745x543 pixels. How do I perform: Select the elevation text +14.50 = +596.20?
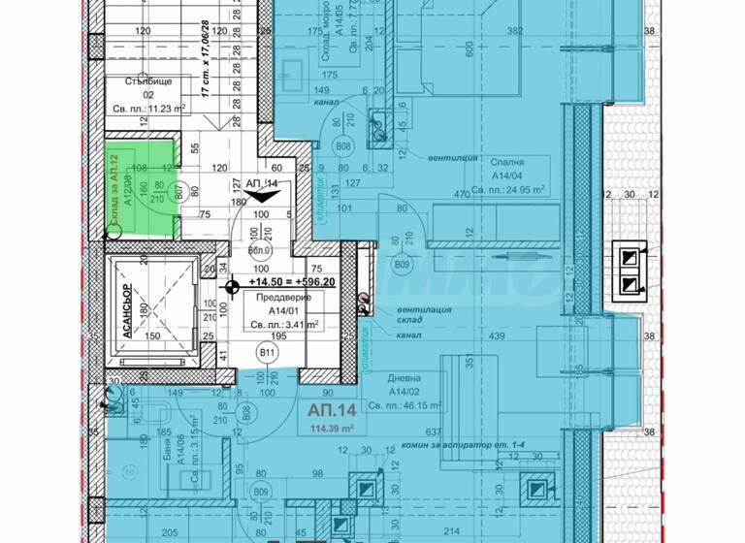pos(292,282)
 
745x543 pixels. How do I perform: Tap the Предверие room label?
pos(276,298)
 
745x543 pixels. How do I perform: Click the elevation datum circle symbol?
pos(232,286)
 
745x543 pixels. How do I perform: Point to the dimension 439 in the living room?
pos(498,336)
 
